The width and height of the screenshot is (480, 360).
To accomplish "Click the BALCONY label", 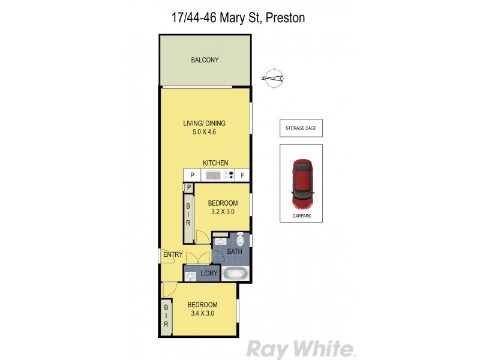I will pyautogui.click(x=205, y=60).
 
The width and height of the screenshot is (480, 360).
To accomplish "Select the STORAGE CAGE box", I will pyautogui.click(x=301, y=128).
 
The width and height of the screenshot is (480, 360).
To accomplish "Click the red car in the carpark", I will pyautogui.click(x=301, y=182).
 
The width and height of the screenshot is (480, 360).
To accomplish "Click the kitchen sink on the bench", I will pyautogui.click(x=212, y=175).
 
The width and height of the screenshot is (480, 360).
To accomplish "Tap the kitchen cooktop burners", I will pyautogui.click(x=229, y=175).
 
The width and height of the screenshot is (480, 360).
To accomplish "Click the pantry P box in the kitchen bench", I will pyautogui.click(x=192, y=175).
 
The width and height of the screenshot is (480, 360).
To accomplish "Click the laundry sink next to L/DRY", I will pyautogui.click(x=191, y=276).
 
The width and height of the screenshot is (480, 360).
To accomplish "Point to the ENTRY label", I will pyautogui.click(x=173, y=255).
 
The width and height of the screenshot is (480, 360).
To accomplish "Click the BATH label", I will pyautogui.click(x=235, y=252).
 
